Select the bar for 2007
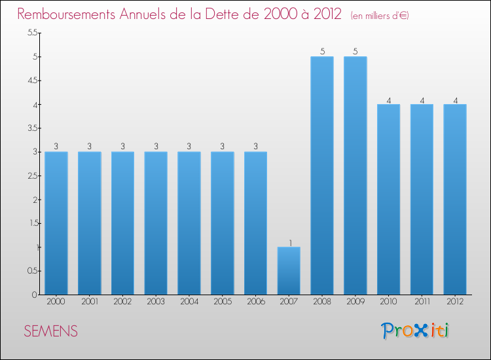click(x=289, y=271)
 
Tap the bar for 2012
click(x=455, y=200)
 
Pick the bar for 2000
click(x=56, y=223)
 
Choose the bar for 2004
click(x=189, y=223)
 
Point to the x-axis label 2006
click(x=255, y=302)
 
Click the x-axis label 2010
click(x=388, y=302)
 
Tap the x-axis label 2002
click(x=122, y=302)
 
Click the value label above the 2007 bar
click(x=289, y=242)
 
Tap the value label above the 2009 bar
click(x=355, y=52)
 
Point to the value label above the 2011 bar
click(x=422, y=99)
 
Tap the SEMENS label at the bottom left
click(x=51, y=332)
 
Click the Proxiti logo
click(x=416, y=331)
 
